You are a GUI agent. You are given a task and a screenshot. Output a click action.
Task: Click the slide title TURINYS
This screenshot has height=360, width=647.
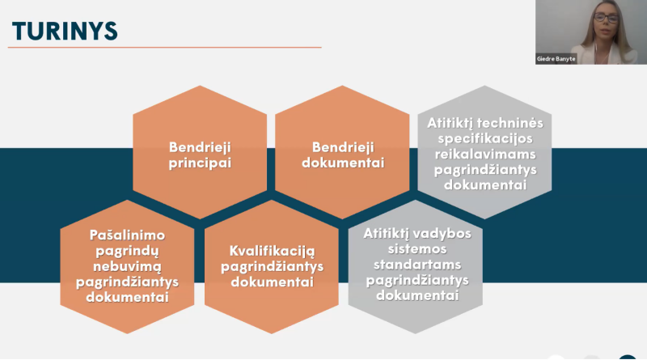click(x=65, y=30)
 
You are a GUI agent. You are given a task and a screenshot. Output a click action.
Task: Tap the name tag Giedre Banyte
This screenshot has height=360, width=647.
click(x=556, y=59)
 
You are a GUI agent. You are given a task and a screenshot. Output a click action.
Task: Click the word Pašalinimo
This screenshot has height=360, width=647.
click(x=127, y=235)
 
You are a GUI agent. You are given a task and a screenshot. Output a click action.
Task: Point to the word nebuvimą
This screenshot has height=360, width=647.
click(x=127, y=266)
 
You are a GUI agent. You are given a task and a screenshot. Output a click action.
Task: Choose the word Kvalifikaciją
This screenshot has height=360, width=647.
click(x=272, y=250)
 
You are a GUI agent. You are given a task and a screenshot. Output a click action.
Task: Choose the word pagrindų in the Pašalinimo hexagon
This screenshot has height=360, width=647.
click(x=127, y=250)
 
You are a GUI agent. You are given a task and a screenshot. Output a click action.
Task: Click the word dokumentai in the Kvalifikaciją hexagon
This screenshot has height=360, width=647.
click(x=272, y=282)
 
